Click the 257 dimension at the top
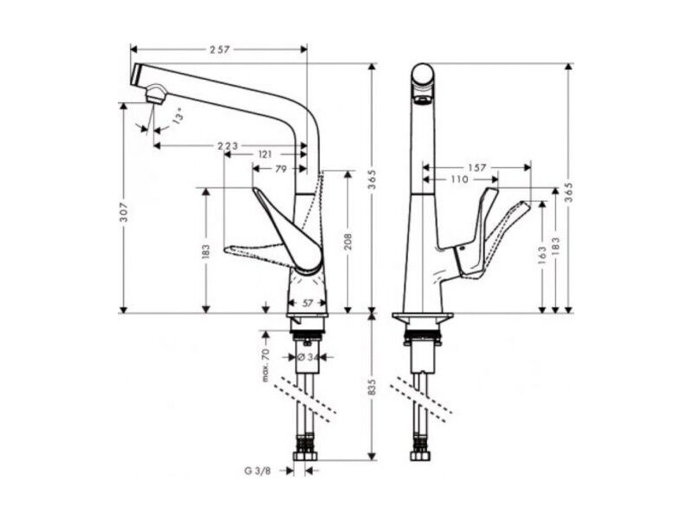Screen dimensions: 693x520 pos(220,49)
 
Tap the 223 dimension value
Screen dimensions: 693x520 pos(228,146)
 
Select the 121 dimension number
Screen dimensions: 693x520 pos(264,154)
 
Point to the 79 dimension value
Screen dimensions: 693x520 pos(281,168)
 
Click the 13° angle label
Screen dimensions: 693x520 pos(178,117)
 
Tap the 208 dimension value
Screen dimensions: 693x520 pos(348,242)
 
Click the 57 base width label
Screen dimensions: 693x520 pos(308,302)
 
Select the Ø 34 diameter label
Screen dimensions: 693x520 pos(308,357)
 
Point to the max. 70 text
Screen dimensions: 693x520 pos(266,366)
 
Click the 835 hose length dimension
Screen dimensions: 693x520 pos(372,387)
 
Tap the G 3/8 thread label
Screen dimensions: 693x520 pos(257,471)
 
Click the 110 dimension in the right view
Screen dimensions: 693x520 pos(460,179)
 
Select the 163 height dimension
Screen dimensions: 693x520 pos(543,256)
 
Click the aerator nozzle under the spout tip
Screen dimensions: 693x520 pos(156,94)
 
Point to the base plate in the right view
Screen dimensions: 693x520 pos(423,317)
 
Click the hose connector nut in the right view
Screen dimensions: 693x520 pos(420,457)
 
